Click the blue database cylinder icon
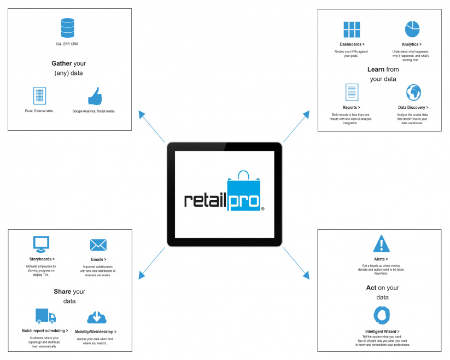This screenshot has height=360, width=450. pyautogui.click(x=68, y=28)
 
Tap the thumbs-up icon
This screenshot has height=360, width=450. pyautogui.click(x=95, y=96)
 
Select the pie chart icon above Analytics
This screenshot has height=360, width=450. pyautogui.click(x=412, y=29)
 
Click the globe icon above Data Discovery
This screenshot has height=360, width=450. pyautogui.click(x=413, y=92)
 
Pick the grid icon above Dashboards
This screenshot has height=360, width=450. pyautogui.click(x=352, y=30)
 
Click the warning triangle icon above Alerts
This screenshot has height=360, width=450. pyautogui.click(x=382, y=243)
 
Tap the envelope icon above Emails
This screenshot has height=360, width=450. pyautogui.click(x=98, y=245)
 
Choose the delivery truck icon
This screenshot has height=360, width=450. pyautogui.click(x=45, y=316)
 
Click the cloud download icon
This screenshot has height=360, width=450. pyautogui.click(x=97, y=317)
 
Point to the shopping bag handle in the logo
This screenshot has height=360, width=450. pyautogui.click(x=243, y=175)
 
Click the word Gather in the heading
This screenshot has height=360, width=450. pyautogui.click(x=62, y=63)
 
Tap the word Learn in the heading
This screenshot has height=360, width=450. pyautogui.click(x=376, y=69)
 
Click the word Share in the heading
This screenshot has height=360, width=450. pyautogui.click(x=62, y=292)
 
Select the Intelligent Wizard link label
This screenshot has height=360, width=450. pyautogui.click(x=382, y=332)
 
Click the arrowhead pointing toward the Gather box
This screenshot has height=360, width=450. pyautogui.click(x=141, y=114)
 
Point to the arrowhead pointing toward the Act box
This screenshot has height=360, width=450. pyautogui.click(x=307, y=275)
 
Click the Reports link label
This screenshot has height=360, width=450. pyautogui.click(x=351, y=107)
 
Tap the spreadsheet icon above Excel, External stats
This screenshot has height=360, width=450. pyautogui.click(x=39, y=96)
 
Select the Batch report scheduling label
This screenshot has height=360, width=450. pyautogui.click(x=45, y=330)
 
